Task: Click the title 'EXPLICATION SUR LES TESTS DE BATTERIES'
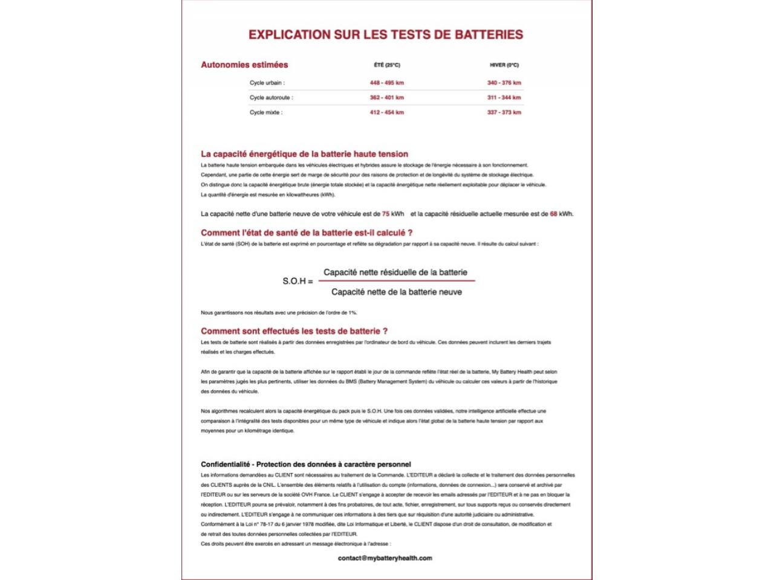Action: pos(386,34)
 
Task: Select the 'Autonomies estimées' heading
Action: pos(244,65)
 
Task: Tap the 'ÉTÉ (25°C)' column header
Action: pos(387,65)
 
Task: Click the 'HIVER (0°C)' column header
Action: pos(504,65)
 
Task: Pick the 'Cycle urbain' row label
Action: pos(267,83)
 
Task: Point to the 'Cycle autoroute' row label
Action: pos(271,97)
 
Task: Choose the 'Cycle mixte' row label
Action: pos(265,112)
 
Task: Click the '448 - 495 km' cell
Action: pos(387,83)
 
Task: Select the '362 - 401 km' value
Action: pos(387,97)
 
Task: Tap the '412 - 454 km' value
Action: pos(387,112)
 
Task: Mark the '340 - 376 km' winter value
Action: pos(504,83)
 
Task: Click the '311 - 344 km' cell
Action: pos(504,97)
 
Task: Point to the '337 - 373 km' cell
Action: pos(504,112)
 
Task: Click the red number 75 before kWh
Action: pos(386,214)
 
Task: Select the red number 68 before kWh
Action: pos(553,214)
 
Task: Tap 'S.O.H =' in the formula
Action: pos(298,282)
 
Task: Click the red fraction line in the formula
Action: pos(396,280)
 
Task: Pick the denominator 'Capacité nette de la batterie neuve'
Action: pos(396,292)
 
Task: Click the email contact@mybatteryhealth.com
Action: pos(385,558)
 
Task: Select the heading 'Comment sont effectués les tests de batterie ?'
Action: pos(294,331)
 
